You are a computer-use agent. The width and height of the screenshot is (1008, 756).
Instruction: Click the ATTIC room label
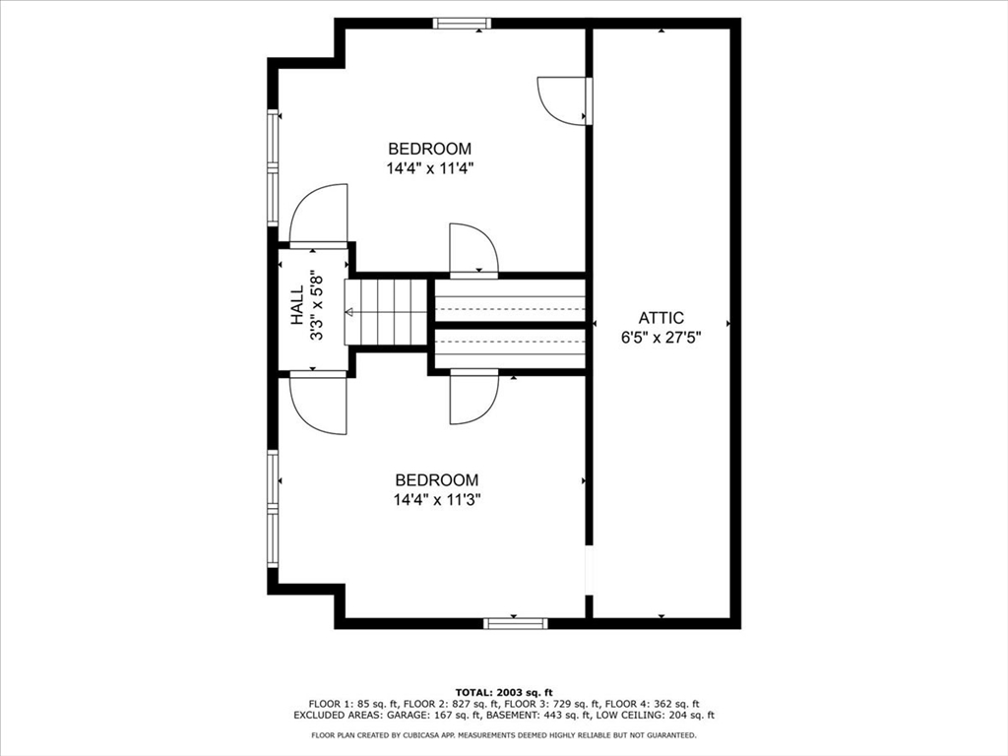[x=661, y=317]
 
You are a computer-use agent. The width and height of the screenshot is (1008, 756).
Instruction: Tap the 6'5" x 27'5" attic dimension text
[x=661, y=337]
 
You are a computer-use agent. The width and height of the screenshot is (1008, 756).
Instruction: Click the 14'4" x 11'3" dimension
[x=437, y=499]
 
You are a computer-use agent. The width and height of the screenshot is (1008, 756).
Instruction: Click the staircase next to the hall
[x=387, y=312]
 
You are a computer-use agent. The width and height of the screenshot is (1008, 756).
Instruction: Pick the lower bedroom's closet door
[x=472, y=398]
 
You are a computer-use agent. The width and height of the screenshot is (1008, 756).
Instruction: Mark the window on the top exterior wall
[x=462, y=23]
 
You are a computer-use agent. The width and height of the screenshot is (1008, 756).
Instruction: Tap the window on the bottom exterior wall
[x=515, y=622]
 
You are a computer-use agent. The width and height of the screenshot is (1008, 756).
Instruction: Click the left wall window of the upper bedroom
[x=274, y=167]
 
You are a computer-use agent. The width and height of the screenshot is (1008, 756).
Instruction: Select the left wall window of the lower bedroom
[x=274, y=509]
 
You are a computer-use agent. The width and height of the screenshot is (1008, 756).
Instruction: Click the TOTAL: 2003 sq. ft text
[x=503, y=692]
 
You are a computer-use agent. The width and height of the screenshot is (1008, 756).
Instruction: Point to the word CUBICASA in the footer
[x=436, y=735]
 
